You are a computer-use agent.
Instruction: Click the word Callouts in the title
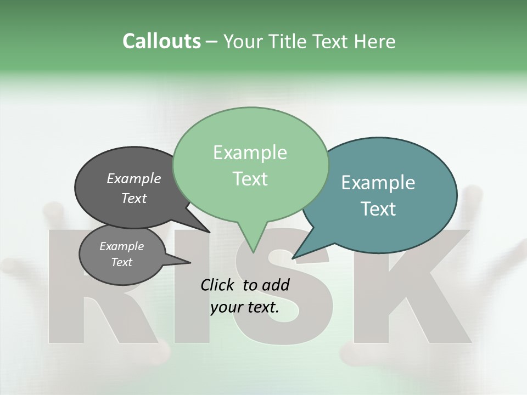coord(161,41)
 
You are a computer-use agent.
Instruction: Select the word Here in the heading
coord(375,41)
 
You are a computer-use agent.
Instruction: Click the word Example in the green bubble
coord(250,153)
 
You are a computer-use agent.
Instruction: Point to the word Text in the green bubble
coord(250,179)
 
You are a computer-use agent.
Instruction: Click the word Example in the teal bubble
coord(378,183)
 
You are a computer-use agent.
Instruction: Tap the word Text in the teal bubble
coord(378,209)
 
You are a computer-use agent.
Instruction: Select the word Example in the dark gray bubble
coord(134,178)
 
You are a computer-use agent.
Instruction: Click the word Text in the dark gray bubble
coord(134,198)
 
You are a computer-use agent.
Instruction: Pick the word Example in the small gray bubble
coord(122,246)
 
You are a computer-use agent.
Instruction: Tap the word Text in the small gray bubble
coord(122,262)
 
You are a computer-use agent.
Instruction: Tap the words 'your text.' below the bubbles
coord(245,308)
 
